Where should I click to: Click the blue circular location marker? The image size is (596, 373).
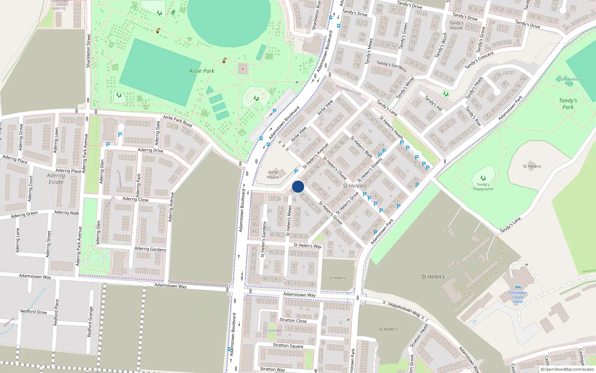[298, 186]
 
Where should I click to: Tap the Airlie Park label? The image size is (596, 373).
[202, 71]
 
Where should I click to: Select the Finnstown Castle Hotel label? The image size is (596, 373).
[518, 297]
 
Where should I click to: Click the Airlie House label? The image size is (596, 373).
[273, 175]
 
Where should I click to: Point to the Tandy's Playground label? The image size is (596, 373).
[483, 186]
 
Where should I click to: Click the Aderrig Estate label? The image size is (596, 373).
[56, 179]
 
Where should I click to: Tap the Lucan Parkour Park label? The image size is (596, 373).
[568, 81]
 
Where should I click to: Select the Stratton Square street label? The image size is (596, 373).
[288, 345]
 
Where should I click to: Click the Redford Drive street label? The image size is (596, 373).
[34, 311]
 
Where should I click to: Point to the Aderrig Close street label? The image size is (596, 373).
[135, 199]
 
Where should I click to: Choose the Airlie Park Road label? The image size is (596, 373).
[177, 121]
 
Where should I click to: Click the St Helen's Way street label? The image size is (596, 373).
[307, 245]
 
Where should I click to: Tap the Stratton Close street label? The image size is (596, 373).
[293, 320]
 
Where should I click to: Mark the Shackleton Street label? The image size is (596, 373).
[89, 51]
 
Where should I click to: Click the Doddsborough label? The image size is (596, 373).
[348, 90]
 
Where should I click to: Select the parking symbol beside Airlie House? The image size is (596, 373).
[296, 172]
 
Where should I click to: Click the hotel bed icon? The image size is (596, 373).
[518, 288]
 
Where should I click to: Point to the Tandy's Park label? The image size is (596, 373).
[568, 104]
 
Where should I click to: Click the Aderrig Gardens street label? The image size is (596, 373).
[150, 249]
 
